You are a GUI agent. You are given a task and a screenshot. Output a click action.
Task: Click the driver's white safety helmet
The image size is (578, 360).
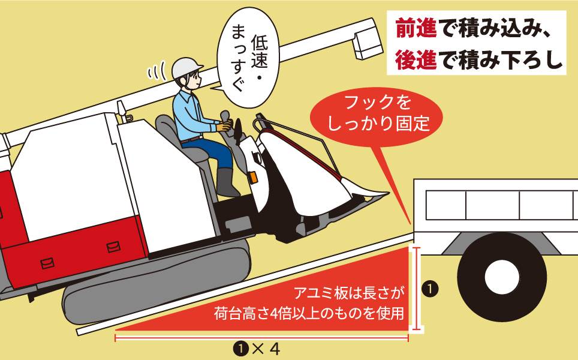coord(186,67)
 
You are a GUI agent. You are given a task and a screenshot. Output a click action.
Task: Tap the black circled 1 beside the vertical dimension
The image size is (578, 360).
coord(430,289)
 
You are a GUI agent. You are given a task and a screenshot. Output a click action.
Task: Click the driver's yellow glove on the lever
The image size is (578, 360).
coord(225,125)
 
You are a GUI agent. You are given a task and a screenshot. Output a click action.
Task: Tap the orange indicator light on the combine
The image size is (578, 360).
coord(252,178)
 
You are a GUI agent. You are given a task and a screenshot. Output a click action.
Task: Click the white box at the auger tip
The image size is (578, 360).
coord(366,44)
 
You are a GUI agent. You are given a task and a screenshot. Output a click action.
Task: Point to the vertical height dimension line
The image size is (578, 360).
coord(415,289)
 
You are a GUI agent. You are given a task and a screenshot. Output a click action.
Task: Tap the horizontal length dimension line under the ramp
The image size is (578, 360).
coord(261,338)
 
